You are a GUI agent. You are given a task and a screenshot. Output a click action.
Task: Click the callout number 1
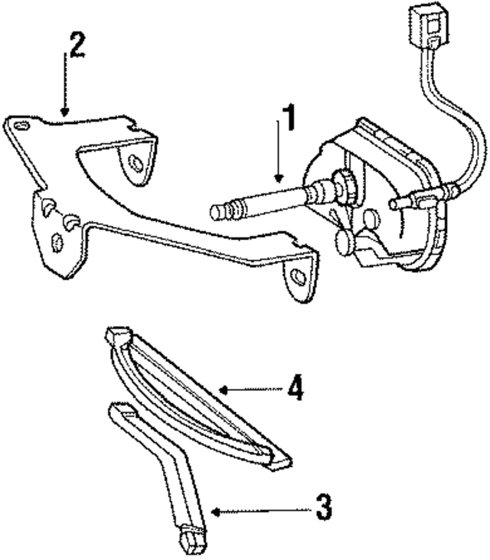(287, 121)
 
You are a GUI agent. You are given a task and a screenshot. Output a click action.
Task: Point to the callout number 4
(296, 389)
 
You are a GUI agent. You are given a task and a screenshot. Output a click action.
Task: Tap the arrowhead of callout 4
(220, 389)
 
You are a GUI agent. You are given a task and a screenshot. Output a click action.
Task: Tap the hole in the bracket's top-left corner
(21, 125)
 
